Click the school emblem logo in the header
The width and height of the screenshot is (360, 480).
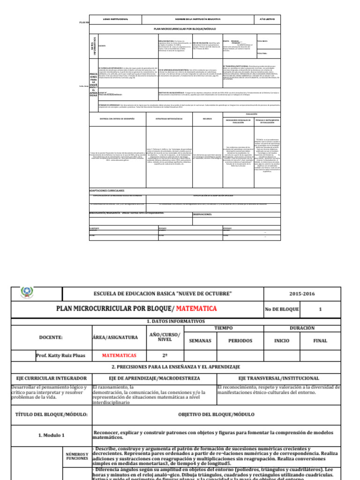(26, 293)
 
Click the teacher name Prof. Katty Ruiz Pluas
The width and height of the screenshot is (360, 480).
(61, 355)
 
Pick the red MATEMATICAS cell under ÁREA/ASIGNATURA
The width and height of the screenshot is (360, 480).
(119, 355)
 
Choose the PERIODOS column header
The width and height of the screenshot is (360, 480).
(240, 341)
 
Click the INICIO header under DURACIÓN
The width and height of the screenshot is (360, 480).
(281, 341)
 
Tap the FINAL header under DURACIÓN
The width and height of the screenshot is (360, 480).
(320, 341)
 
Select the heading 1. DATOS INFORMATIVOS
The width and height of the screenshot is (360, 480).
(176, 322)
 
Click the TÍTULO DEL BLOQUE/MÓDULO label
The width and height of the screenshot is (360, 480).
(52, 414)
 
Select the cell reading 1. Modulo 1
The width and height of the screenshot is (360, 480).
(52, 435)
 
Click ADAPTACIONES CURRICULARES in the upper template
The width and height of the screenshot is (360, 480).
(107, 191)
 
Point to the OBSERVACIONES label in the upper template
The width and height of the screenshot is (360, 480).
(203, 214)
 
